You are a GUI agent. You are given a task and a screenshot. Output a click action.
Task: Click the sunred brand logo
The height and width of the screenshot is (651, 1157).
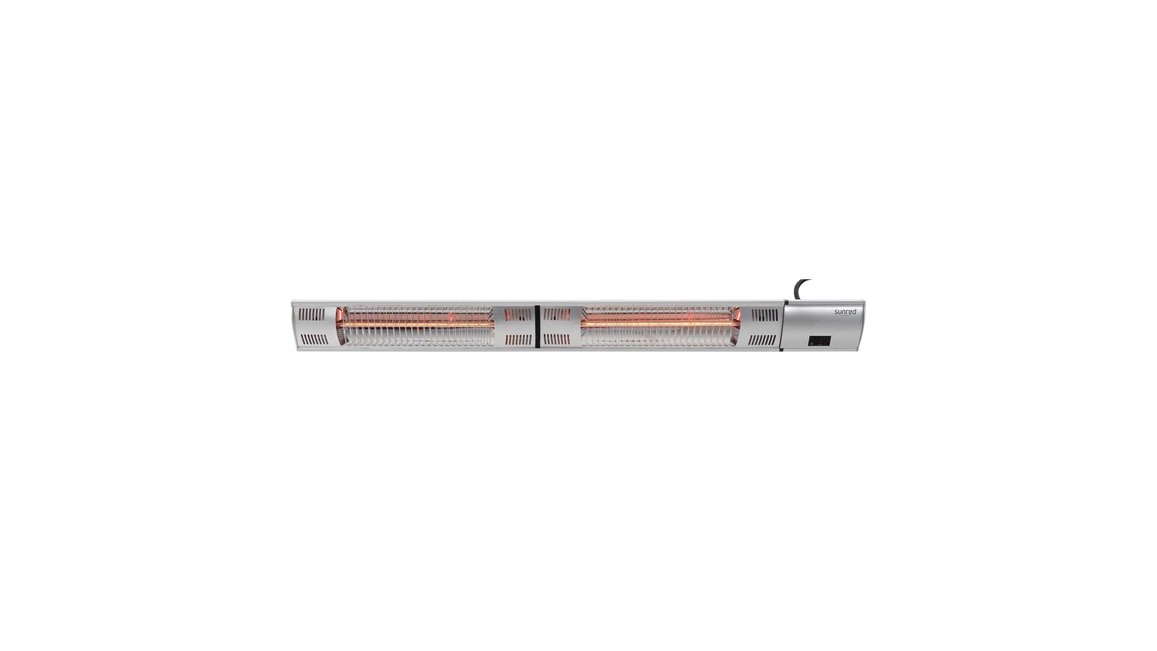click(845, 312)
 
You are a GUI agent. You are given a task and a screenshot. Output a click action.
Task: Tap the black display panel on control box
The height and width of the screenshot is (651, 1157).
click(819, 341)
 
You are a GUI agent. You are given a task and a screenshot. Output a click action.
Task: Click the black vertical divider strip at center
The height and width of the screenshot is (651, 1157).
click(536, 326)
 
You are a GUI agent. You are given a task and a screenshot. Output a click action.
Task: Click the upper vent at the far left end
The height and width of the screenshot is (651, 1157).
click(312, 314)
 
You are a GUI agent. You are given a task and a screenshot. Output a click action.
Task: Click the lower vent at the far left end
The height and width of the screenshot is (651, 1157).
click(314, 340)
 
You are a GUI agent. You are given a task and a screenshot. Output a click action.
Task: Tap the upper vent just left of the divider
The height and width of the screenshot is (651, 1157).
click(518, 314)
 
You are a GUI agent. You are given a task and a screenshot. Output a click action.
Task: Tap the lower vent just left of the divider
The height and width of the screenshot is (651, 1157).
click(518, 340)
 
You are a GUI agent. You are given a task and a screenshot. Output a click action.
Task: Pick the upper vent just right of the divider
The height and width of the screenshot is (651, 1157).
click(556, 314)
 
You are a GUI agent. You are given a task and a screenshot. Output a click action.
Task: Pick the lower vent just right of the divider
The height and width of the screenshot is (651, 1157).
click(556, 340)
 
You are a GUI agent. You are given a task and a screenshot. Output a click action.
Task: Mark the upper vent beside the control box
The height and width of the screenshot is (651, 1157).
click(765, 314)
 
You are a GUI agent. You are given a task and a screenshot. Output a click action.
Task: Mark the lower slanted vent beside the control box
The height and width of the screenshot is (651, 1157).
click(762, 340)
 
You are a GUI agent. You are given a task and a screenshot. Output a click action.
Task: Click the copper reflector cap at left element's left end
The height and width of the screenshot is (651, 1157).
click(341, 315)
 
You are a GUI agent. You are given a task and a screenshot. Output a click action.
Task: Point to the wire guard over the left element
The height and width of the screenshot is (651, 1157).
click(416, 338)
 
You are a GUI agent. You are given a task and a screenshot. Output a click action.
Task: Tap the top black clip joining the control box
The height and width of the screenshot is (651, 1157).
click(785, 303)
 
